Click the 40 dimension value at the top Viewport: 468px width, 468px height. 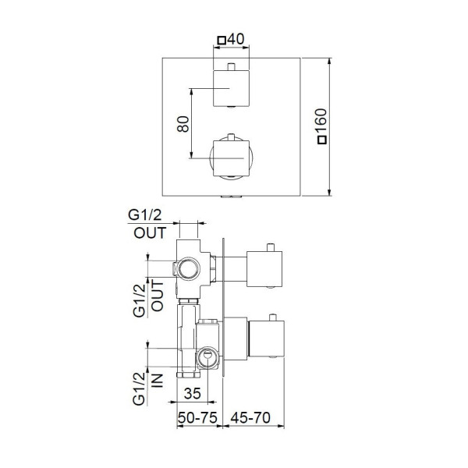[236, 39]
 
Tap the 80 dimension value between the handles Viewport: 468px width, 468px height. [183, 124]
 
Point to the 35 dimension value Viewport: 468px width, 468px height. [192, 394]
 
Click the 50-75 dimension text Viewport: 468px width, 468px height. [197, 417]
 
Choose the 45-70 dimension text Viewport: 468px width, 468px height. [250, 417]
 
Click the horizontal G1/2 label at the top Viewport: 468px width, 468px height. [145, 215]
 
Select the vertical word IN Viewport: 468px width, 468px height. [158, 381]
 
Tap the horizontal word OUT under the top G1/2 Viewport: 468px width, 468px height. [150, 233]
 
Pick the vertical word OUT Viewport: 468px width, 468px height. [158, 296]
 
